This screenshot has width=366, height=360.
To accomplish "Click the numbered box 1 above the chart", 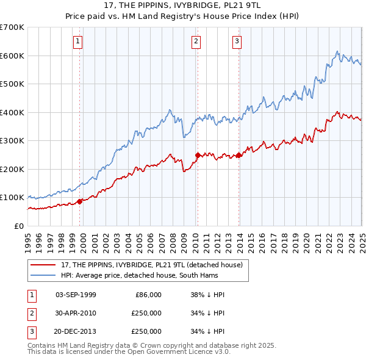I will coord(79,41).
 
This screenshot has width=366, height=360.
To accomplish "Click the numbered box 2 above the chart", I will coord(196,41).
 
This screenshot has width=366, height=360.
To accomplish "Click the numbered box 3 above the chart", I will coord(236,41).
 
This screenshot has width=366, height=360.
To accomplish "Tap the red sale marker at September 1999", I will coord(80,201).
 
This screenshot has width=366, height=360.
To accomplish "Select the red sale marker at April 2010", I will coord(198,155).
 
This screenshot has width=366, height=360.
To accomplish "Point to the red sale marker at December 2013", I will coord(239,155).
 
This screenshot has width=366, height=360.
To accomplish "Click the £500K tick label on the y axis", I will coord(12,84).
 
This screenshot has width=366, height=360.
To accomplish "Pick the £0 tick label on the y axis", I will coord(20,226).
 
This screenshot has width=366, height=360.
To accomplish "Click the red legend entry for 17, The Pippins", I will coord(152,265).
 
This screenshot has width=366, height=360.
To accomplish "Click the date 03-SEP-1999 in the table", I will coord(76,295).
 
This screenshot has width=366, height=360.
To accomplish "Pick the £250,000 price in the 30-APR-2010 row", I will coord(146,313).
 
